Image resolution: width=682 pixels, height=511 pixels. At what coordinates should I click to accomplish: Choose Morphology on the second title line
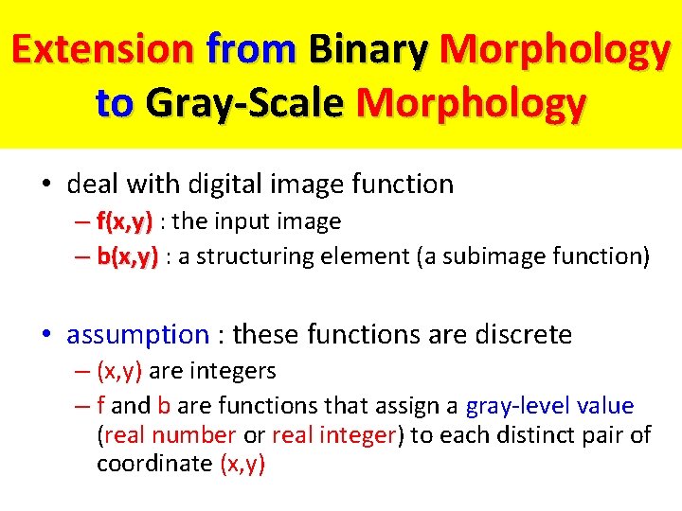click(x=471, y=102)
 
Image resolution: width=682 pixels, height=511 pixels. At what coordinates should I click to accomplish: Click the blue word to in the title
click(x=116, y=102)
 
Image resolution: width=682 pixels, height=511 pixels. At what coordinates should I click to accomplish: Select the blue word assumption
click(x=137, y=334)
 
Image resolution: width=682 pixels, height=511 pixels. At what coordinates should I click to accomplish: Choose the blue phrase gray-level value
click(x=549, y=406)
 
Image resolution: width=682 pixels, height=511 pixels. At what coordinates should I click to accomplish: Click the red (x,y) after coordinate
click(x=242, y=464)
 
